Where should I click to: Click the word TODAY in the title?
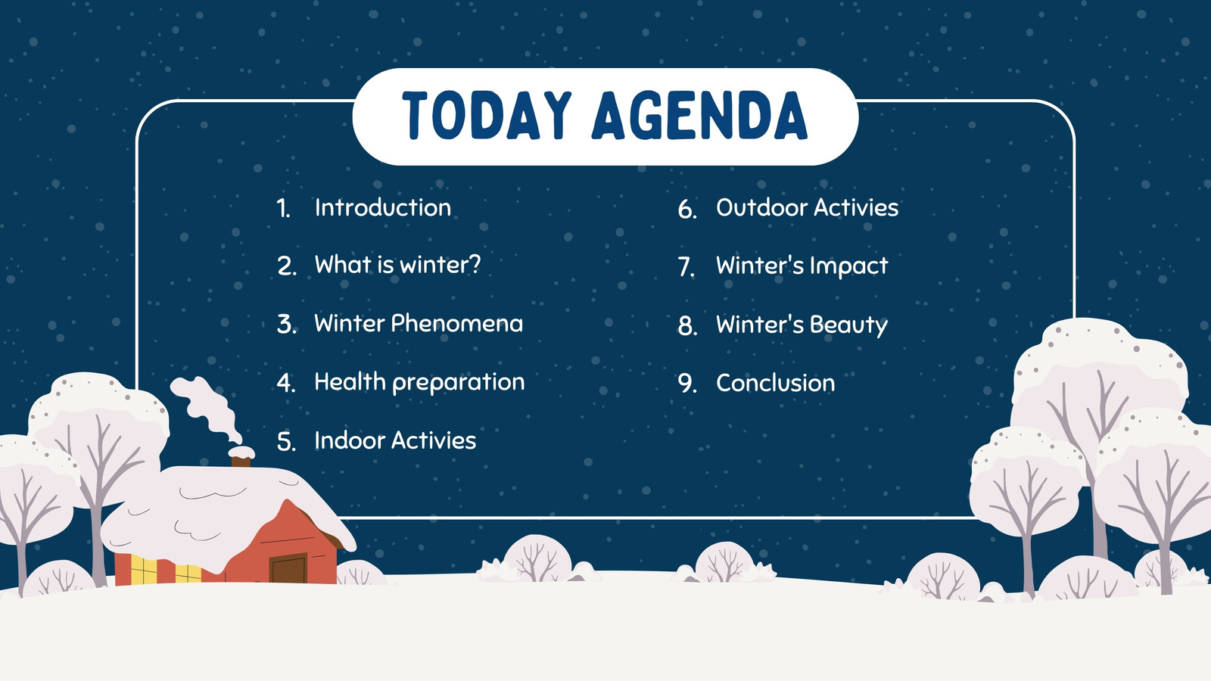tap(487, 115)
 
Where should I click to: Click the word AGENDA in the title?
tap(699, 115)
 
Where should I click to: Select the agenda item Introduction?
tap(383, 207)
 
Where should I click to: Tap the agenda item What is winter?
tap(397, 265)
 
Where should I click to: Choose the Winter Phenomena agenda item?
tap(419, 323)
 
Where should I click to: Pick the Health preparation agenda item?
tap(419, 383)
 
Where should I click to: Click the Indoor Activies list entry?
tap(395, 440)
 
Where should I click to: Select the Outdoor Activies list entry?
tap(807, 207)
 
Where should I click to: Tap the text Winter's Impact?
tap(802, 266)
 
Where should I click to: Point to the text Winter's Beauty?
tap(802, 325)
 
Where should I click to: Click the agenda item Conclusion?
tap(775, 383)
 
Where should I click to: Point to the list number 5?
tap(285, 442)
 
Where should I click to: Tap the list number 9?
tap(686, 383)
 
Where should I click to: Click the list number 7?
tap(685, 267)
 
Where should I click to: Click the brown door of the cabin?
tap(288, 568)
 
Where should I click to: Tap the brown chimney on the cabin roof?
tap(241, 461)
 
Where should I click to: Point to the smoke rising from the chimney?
tap(205, 409)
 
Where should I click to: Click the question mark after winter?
tap(474, 264)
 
